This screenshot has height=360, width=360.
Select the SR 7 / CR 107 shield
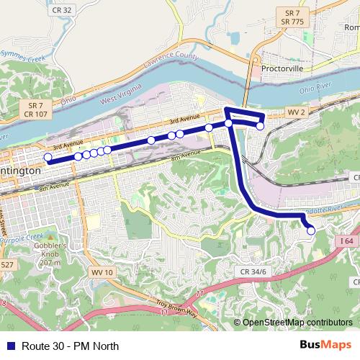coord(35,109)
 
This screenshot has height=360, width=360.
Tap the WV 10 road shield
coord(102,272)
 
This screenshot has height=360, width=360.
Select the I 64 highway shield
coord(346,241)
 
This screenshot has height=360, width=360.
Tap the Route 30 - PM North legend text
coord(70,346)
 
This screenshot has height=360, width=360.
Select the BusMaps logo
coord(326,345)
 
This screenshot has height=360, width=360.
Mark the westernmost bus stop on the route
coord(48,158)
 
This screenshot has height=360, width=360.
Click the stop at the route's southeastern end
coord(311,230)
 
